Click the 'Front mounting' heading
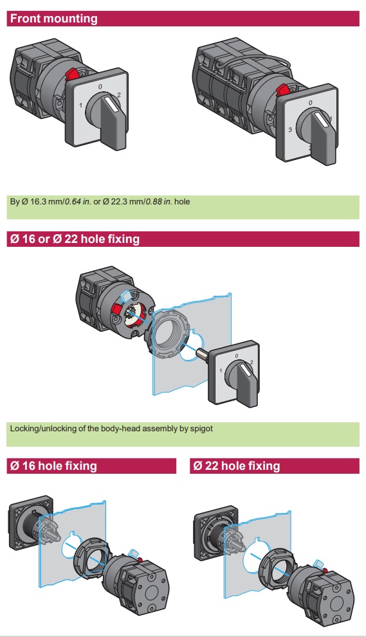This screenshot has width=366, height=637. (53, 19)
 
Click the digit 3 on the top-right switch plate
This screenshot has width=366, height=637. (290, 130)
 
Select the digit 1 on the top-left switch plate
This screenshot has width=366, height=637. (80, 105)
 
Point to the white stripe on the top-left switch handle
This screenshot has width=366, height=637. (113, 103)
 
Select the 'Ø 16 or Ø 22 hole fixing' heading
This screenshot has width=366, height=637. (75, 239)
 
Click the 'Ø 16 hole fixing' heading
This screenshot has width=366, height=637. (53, 465)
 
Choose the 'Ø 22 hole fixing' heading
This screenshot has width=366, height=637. (237, 465)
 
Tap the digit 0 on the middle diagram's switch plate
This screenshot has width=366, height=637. (237, 356)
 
